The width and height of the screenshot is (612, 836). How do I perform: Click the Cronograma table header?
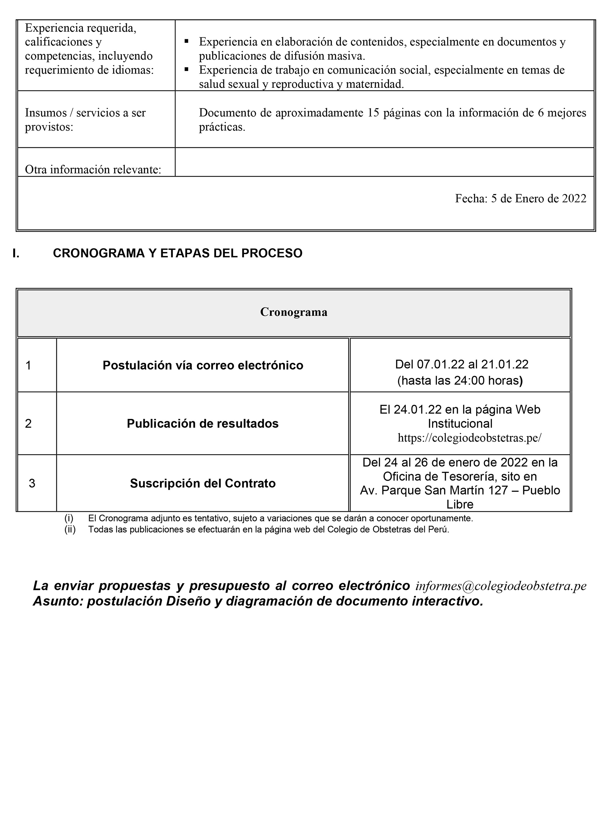coord(293,312)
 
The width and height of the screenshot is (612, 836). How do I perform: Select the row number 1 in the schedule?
coord(28,366)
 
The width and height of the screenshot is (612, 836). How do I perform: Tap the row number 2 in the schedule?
coord(28,424)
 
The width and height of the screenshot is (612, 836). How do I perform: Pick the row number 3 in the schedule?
coord(32,483)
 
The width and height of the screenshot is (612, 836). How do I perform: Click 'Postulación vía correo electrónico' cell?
coord(203,366)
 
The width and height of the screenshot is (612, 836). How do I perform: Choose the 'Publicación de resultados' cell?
coord(203,424)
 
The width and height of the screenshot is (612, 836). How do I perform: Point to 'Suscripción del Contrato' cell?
coord(203,483)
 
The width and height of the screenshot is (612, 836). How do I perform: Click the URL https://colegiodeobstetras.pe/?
coord(469,438)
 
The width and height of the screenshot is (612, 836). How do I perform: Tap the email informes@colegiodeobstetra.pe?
coord(501,586)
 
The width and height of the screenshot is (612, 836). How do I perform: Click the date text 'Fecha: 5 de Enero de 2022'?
coord(521,199)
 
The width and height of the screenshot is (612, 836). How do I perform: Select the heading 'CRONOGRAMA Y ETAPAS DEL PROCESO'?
coord(177,253)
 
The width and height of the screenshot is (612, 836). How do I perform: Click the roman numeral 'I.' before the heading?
coord(16,253)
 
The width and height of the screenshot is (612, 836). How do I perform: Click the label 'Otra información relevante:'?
coord(93,169)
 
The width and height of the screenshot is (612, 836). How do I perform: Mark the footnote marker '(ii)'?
coord(70,530)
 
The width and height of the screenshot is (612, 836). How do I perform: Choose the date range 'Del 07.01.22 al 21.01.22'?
coord(461,364)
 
